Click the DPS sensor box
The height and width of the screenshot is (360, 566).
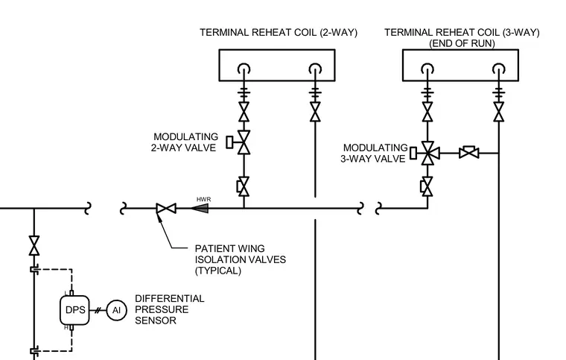point(74,310)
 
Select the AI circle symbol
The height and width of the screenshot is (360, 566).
point(117,310)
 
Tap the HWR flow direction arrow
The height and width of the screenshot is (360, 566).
point(200,209)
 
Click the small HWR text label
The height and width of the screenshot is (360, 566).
point(203,199)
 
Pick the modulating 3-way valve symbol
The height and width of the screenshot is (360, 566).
point(428,154)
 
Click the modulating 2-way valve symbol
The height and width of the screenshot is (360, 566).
point(244,142)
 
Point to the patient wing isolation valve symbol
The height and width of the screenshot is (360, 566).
point(166,209)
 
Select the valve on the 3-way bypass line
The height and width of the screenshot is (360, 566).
point(469,153)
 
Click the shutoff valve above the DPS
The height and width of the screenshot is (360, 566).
point(34,245)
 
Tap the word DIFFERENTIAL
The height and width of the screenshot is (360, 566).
point(169,299)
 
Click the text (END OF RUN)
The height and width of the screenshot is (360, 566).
point(462,44)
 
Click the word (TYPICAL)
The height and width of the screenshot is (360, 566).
point(217,271)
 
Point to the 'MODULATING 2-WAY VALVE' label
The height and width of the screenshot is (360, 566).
point(185,142)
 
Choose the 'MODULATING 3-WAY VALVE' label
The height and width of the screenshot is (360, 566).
point(374,153)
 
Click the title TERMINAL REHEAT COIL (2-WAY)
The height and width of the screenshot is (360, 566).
point(279,33)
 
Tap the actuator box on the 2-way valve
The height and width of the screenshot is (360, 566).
point(229,142)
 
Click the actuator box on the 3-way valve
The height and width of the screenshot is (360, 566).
point(413,153)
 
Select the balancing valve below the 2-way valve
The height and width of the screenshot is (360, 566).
point(244,186)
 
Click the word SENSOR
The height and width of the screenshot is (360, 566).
point(156,320)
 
